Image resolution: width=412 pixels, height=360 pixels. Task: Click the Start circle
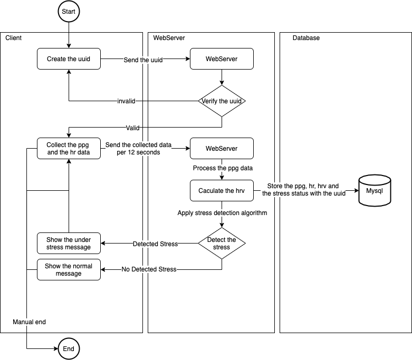click(x=69, y=12)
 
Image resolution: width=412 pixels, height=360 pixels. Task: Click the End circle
click(x=69, y=349)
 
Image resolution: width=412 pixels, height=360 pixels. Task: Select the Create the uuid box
click(x=69, y=59)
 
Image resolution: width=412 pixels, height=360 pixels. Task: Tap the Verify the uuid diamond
click(x=222, y=101)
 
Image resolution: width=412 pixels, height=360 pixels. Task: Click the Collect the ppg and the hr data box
click(x=69, y=148)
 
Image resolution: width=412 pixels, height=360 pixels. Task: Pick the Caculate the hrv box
click(x=222, y=191)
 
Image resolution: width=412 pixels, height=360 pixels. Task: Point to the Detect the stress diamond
click(x=222, y=244)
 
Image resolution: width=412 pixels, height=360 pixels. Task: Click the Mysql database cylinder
click(x=374, y=190)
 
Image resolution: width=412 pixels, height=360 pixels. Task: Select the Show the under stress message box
click(x=69, y=243)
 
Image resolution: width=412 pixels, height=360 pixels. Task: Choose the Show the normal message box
click(x=69, y=270)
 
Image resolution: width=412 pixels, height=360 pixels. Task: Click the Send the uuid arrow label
click(x=143, y=60)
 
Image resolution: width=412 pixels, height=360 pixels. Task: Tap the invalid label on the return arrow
click(x=127, y=101)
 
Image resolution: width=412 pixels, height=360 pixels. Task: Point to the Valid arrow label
click(x=132, y=128)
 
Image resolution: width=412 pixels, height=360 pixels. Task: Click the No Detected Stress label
click(x=149, y=270)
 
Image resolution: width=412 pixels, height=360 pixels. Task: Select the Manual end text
click(x=30, y=322)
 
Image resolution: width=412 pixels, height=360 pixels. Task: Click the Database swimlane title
click(x=306, y=38)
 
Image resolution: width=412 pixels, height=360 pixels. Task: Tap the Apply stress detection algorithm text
click(x=222, y=213)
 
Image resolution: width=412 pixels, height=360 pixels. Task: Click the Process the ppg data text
click(x=222, y=168)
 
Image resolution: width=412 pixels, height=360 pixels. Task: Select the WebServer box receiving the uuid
click(x=222, y=59)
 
